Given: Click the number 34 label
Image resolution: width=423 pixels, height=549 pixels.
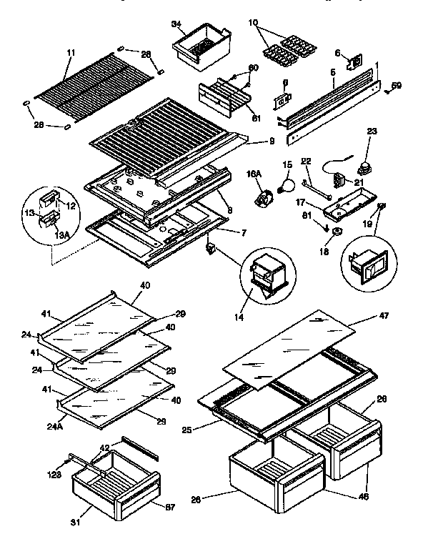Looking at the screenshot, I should pyautogui.click(x=176, y=25).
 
